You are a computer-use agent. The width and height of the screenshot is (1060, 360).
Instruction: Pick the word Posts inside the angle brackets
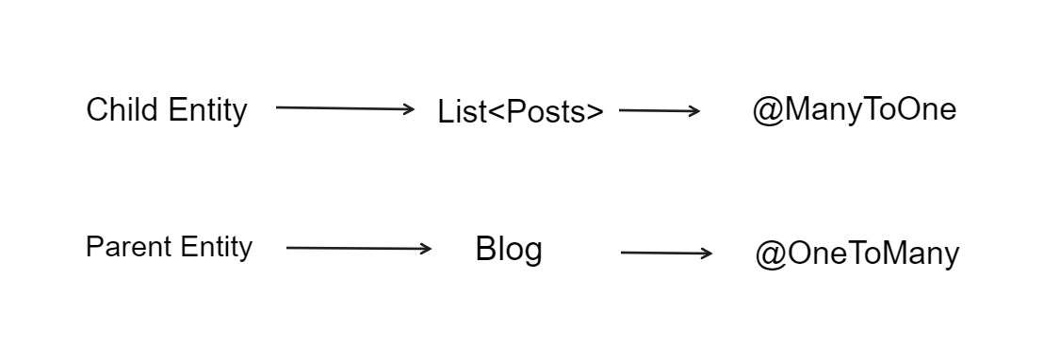[x=544, y=111]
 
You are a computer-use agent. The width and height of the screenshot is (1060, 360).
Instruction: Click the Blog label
[x=509, y=250]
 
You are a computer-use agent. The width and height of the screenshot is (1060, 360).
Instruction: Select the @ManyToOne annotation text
[x=854, y=110]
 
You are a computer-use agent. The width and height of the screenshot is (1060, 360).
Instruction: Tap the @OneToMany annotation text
[x=856, y=254]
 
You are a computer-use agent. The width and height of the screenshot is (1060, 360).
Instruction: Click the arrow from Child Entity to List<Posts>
[x=345, y=108]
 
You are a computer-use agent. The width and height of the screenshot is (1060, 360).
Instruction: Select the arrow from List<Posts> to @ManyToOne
[x=659, y=111]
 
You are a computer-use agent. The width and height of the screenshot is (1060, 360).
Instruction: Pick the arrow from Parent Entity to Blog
[x=358, y=249]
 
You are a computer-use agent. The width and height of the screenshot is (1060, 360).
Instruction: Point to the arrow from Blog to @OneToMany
[x=666, y=253]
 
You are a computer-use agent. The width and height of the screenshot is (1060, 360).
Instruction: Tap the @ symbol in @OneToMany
[x=771, y=254]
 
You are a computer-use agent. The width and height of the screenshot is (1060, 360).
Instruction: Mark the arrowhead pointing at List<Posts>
[x=409, y=109]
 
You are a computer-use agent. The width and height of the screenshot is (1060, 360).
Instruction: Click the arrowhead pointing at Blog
[x=426, y=249]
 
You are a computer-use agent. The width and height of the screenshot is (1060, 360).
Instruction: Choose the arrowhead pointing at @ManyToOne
[x=694, y=111]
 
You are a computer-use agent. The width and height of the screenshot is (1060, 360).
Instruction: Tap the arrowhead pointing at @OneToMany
[x=707, y=253]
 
